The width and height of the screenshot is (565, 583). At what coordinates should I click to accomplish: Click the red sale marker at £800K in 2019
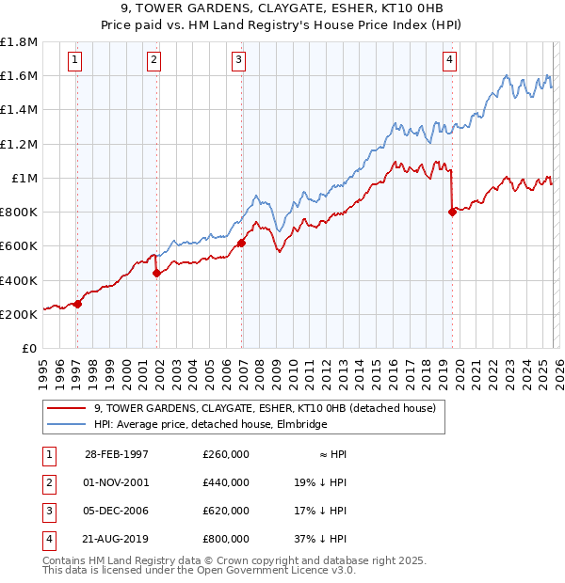453,212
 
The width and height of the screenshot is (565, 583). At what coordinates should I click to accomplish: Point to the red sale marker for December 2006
242,243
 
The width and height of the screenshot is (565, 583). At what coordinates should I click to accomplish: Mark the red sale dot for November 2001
156,274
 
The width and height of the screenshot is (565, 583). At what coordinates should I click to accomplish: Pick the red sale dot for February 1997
78,304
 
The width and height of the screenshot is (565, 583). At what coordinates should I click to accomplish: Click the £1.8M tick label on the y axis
19,42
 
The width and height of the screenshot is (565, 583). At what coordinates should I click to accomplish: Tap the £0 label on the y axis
30,348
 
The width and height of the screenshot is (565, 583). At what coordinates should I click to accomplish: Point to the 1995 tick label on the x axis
43,371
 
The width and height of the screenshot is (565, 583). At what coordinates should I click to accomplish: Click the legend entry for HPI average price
210,425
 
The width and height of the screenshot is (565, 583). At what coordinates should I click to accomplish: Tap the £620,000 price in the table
226,511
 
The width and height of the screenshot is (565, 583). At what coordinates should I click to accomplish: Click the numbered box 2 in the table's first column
48,482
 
